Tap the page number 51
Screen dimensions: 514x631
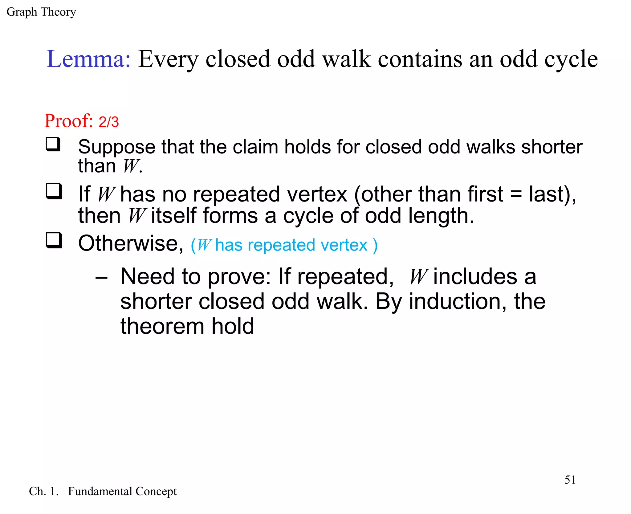(x=570, y=480)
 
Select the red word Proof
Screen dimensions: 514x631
(x=68, y=120)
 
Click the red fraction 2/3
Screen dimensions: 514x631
(x=108, y=122)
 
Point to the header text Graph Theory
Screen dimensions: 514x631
(x=41, y=12)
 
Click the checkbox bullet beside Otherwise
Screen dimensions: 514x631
(x=54, y=240)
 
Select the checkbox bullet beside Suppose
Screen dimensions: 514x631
(x=53, y=144)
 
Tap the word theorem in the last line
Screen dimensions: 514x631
(x=162, y=326)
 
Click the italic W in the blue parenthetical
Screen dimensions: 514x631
(x=204, y=245)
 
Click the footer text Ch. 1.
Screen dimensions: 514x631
(x=43, y=491)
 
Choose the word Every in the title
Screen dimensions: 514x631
(x=168, y=59)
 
